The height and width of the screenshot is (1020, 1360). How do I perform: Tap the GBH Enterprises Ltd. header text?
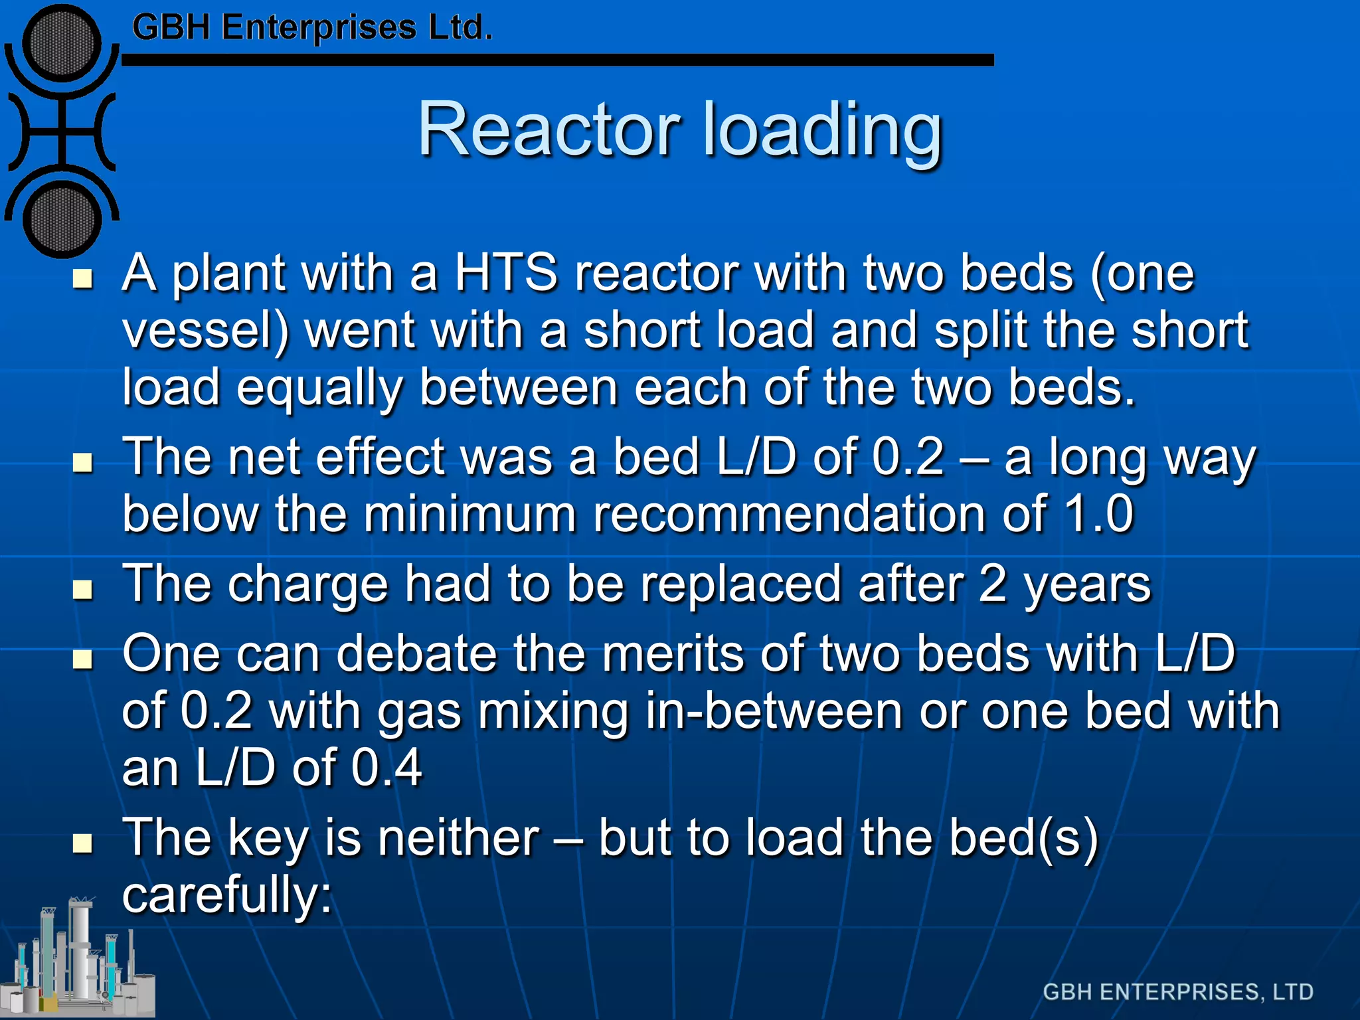312,28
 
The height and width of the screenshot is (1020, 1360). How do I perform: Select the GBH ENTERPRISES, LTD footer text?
1178,991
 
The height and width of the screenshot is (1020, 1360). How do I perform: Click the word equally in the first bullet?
319,389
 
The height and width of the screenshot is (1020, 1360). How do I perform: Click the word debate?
416,653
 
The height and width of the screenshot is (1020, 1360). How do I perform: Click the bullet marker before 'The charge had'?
82,588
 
